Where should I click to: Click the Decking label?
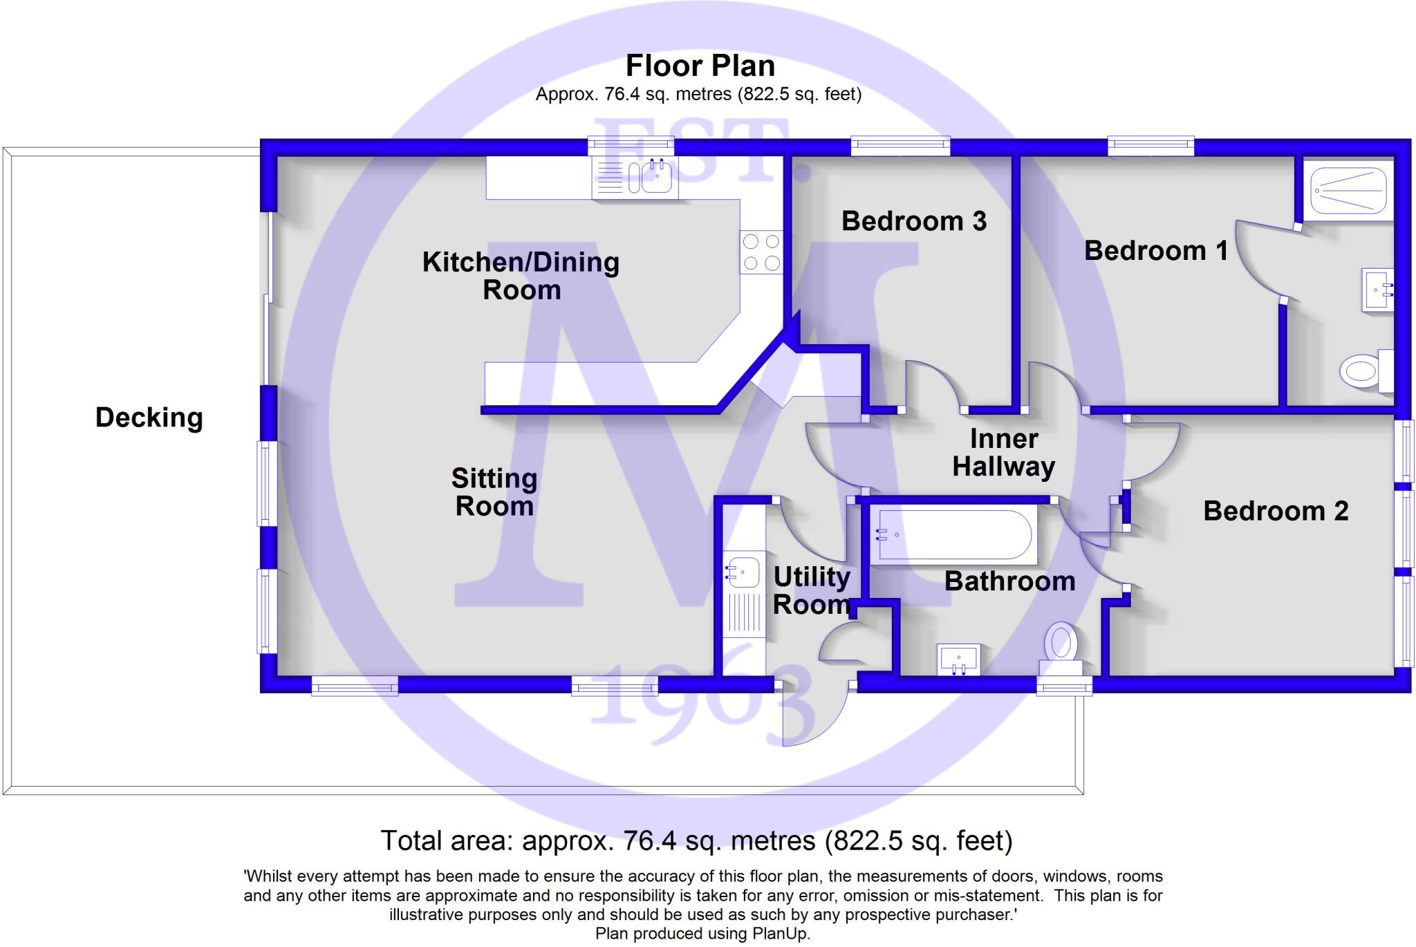[x=149, y=418]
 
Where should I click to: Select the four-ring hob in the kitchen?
[x=761, y=252]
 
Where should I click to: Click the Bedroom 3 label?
[x=913, y=221]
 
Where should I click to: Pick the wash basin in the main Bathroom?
[x=958, y=659]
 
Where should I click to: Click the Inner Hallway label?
[x=1003, y=453]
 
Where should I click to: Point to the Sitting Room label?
[x=494, y=492]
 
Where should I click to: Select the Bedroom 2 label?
[x=1276, y=511]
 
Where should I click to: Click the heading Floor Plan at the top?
[x=700, y=66]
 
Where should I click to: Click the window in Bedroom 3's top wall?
[x=900, y=146]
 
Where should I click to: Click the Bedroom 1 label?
[x=1155, y=250]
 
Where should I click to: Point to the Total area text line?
[x=696, y=841]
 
